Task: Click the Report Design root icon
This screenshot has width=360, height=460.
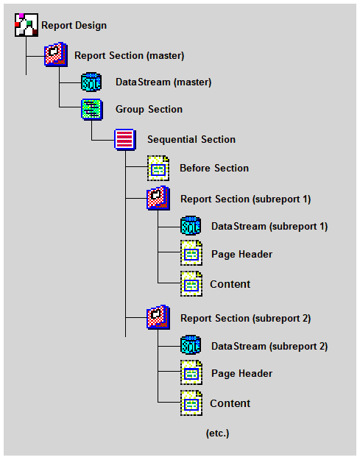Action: point(27,25)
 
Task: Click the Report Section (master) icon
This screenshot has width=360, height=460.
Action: point(56,54)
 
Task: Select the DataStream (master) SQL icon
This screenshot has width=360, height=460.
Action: point(91,82)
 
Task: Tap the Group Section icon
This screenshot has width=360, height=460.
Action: point(92,110)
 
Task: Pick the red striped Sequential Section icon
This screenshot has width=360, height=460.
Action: point(125,140)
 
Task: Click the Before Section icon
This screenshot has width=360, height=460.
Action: point(158,168)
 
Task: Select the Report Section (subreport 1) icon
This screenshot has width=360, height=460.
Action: point(158,198)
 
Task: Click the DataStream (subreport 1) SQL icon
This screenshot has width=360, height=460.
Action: point(191,226)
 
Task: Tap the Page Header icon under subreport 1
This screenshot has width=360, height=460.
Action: point(191,253)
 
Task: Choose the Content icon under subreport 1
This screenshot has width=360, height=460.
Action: point(191,283)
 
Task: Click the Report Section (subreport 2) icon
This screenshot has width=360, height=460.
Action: point(158,317)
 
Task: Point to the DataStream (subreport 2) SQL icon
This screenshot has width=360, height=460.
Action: point(191,345)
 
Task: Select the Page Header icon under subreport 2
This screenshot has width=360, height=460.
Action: point(191,372)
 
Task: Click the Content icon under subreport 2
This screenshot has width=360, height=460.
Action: point(191,403)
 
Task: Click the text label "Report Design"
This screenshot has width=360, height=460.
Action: point(74,26)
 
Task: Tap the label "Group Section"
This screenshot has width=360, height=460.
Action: point(149,110)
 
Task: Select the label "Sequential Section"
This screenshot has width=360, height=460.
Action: point(191,140)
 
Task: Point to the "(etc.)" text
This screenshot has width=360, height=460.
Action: point(217,434)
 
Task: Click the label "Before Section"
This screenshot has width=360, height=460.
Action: point(214,168)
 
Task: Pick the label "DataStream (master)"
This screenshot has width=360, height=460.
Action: point(163,82)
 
